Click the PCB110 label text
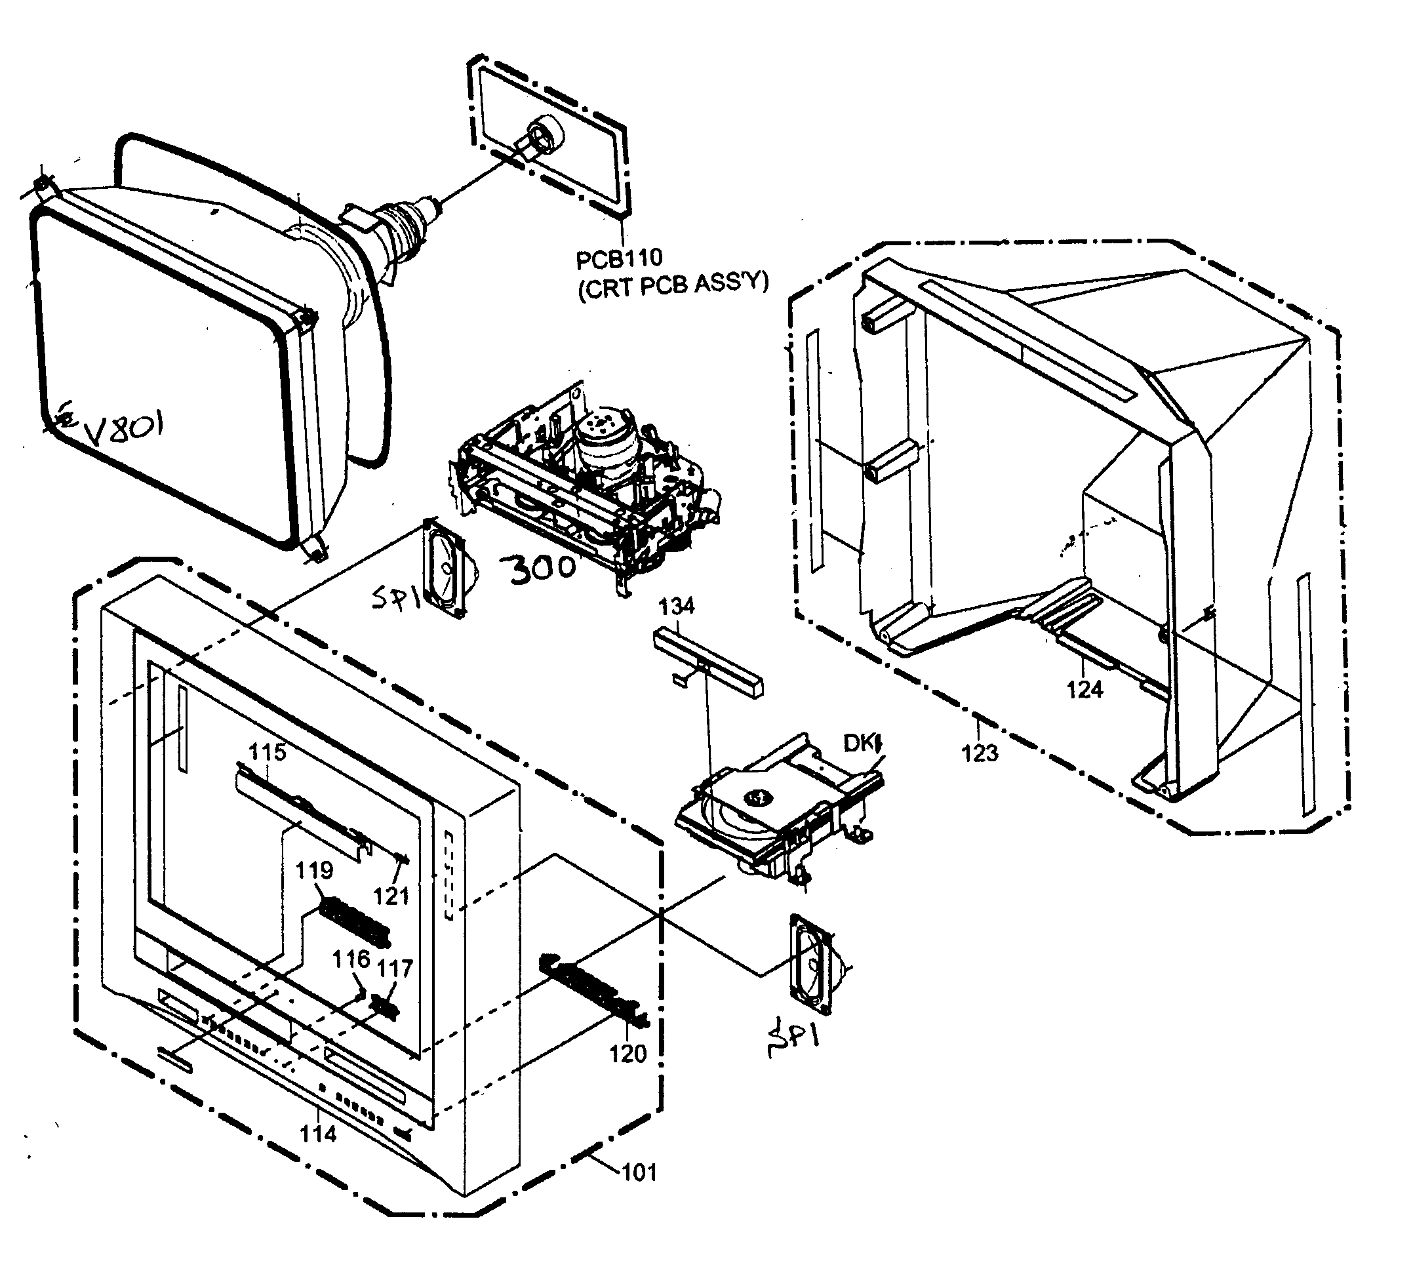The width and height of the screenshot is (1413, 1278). pyautogui.click(x=618, y=259)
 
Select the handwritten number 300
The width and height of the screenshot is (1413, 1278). pyautogui.click(x=541, y=569)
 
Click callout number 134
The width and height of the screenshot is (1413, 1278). pyautogui.click(x=677, y=606)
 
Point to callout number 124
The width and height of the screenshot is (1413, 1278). pyautogui.click(x=1085, y=690)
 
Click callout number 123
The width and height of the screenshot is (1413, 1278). pyautogui.click(x=979, y=753)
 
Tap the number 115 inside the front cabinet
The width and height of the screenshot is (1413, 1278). pyautogui.click(x=268, y=752)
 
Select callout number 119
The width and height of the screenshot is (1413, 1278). pyautogui.click(x=313, y=870)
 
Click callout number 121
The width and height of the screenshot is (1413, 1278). pyautogui.click(x=391, y=896)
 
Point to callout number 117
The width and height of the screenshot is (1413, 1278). pyautogui.click(x=395, y=969)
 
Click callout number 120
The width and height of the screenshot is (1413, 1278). pyautogui.click(x=627, y=1053)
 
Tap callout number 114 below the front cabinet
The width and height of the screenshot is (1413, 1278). pyautogui.click(x=318, y=1134)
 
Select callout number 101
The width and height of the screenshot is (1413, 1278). pyautogui.click(x=639, y=1172)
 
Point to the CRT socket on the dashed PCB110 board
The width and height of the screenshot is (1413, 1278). pyautogui.click(x=541, y=134)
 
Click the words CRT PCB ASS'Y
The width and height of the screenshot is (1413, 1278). pyautogui.click(x=673, y=285)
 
